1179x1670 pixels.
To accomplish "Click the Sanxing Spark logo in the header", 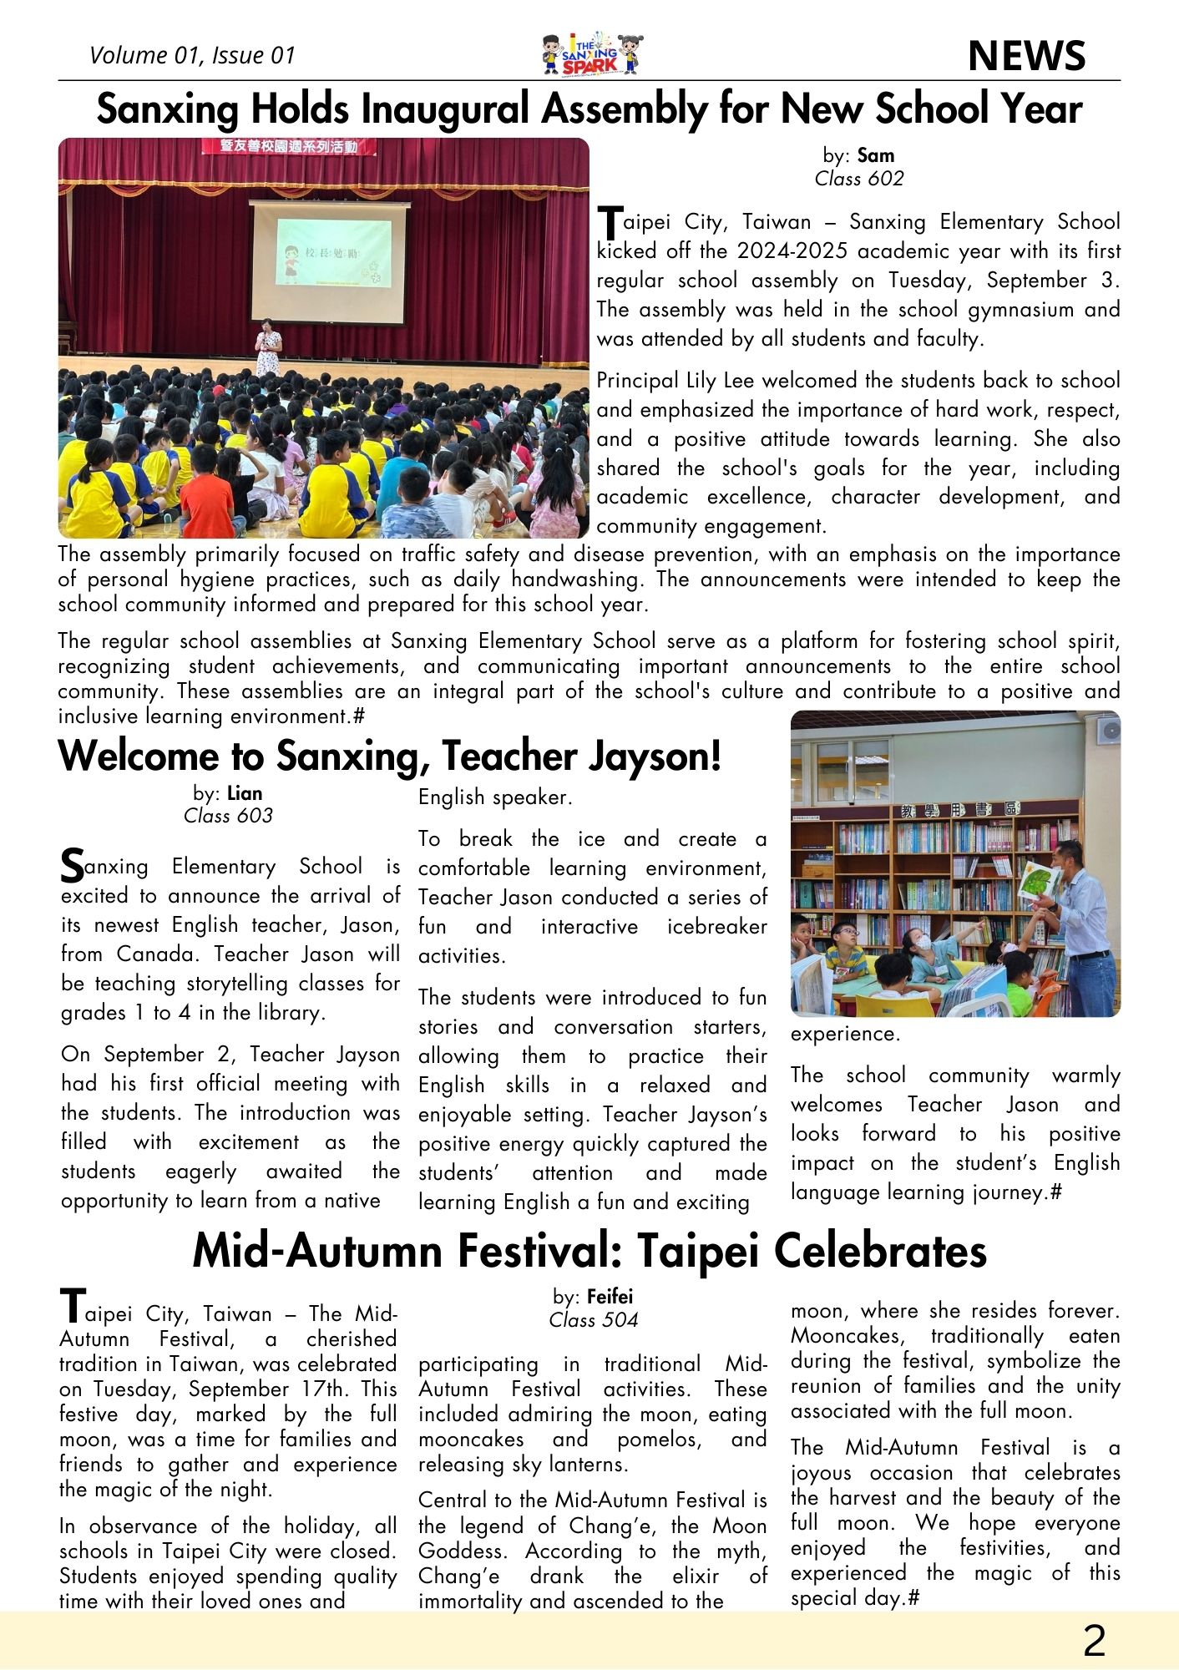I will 592,55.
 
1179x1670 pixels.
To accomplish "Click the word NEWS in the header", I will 1026,56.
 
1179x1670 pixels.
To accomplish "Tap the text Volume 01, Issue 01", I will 192,56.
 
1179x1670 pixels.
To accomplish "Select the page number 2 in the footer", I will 1094,1641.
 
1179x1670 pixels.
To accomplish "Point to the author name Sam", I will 875,155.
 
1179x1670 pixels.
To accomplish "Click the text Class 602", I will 858,179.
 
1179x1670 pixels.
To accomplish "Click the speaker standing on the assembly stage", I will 268,347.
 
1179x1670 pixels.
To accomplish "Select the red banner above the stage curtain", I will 288,148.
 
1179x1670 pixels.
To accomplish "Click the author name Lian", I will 245,793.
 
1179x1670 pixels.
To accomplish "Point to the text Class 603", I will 228,816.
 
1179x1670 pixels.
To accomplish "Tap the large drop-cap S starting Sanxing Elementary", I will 73,867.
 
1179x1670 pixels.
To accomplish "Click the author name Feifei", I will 610,1297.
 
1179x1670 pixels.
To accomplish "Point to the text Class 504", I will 593,1320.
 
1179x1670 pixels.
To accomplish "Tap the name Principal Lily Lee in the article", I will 675,381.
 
